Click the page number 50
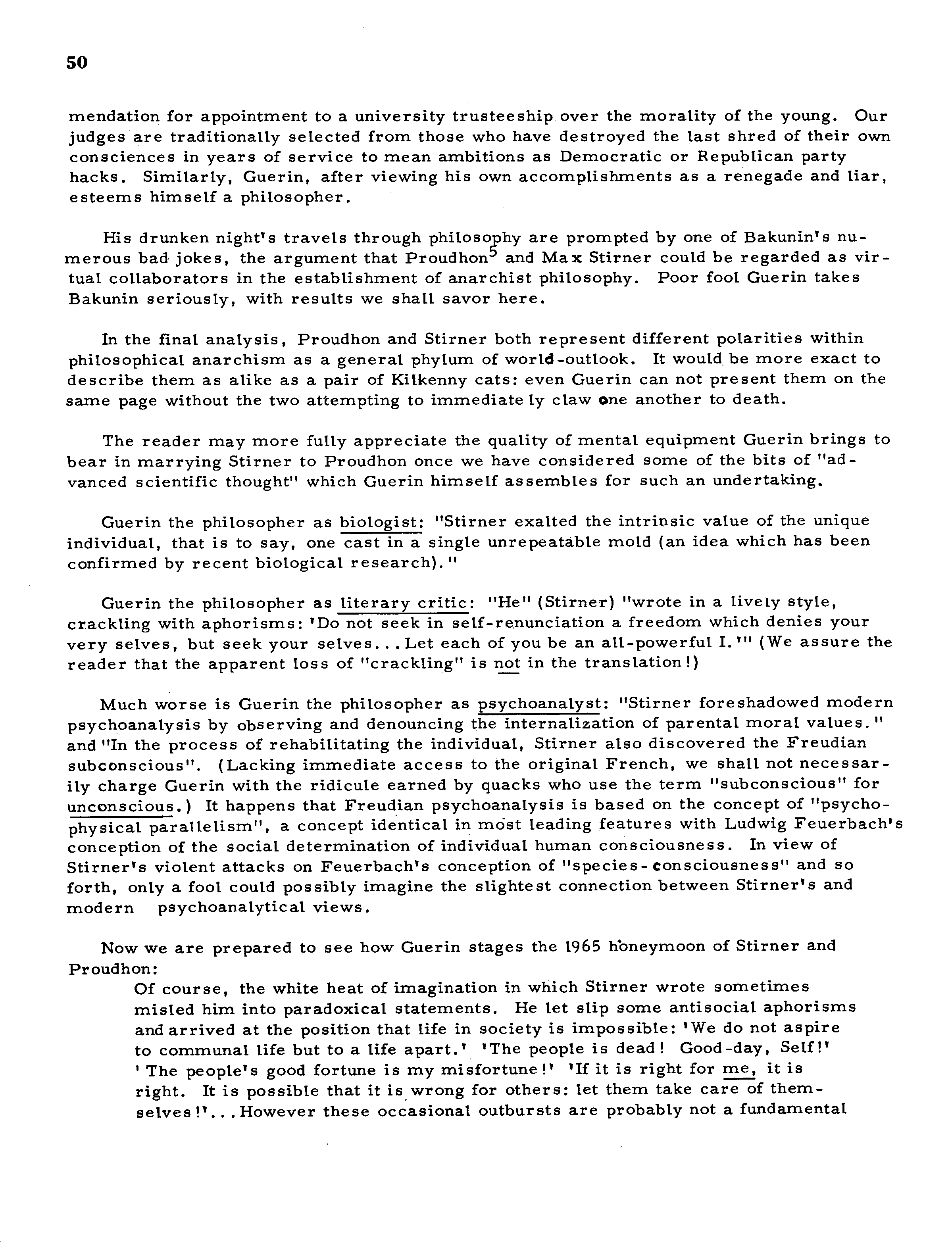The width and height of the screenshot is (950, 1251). [x=77, y=62]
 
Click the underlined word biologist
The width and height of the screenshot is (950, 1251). [x=381, y=521]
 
